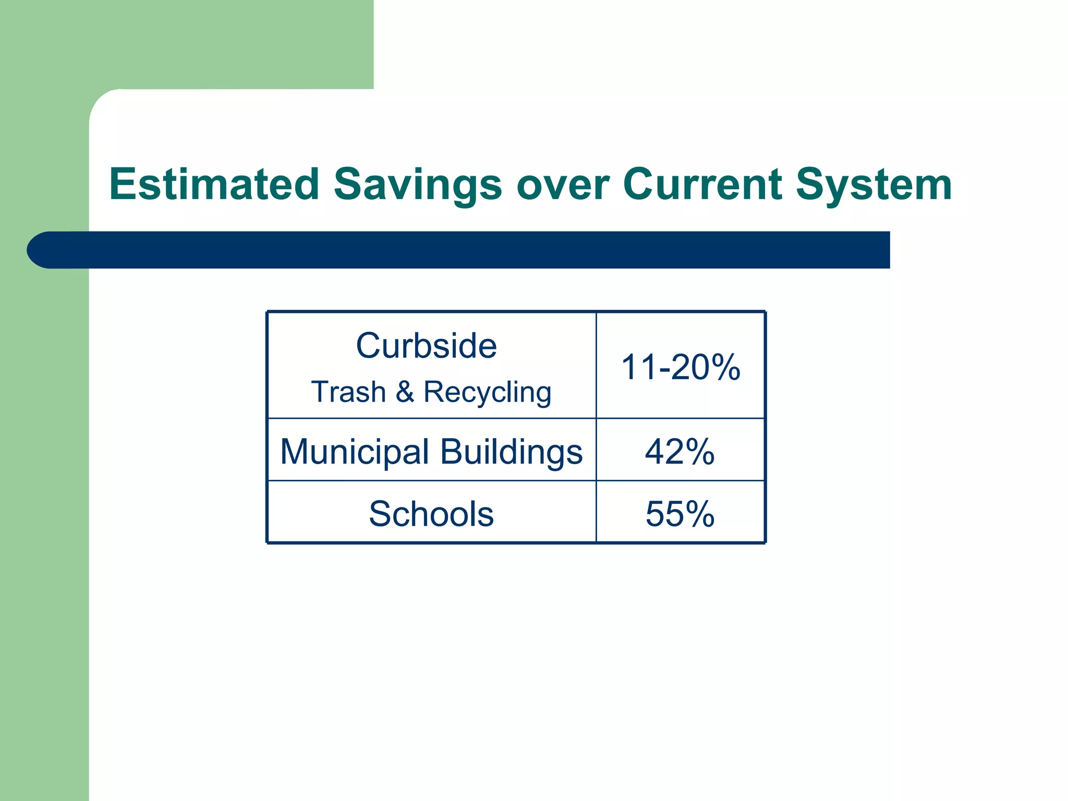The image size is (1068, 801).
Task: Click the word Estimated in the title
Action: (214, 185)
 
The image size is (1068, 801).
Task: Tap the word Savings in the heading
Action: (417, 185)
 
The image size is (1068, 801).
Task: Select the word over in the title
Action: (562, 185)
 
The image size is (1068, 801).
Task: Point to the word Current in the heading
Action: (702, 185)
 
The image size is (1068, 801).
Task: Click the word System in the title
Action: (873, 185)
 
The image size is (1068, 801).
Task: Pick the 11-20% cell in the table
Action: (680, 367)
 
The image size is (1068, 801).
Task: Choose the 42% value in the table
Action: (679, 452)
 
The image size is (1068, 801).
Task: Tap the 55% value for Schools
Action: (679, 514)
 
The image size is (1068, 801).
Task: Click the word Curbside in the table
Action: (426, 346)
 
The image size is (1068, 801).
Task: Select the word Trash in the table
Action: (348, 392)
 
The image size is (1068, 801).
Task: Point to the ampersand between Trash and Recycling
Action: (405, 392)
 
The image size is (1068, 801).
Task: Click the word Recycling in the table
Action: (487, 392)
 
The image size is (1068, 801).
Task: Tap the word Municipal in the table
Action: (355, 452)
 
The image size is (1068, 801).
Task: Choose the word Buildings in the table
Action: (511, 452)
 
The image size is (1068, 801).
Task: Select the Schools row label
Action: (431, 514)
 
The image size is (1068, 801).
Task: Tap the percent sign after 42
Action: (699, 452)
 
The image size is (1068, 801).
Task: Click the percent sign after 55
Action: (699, 514)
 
